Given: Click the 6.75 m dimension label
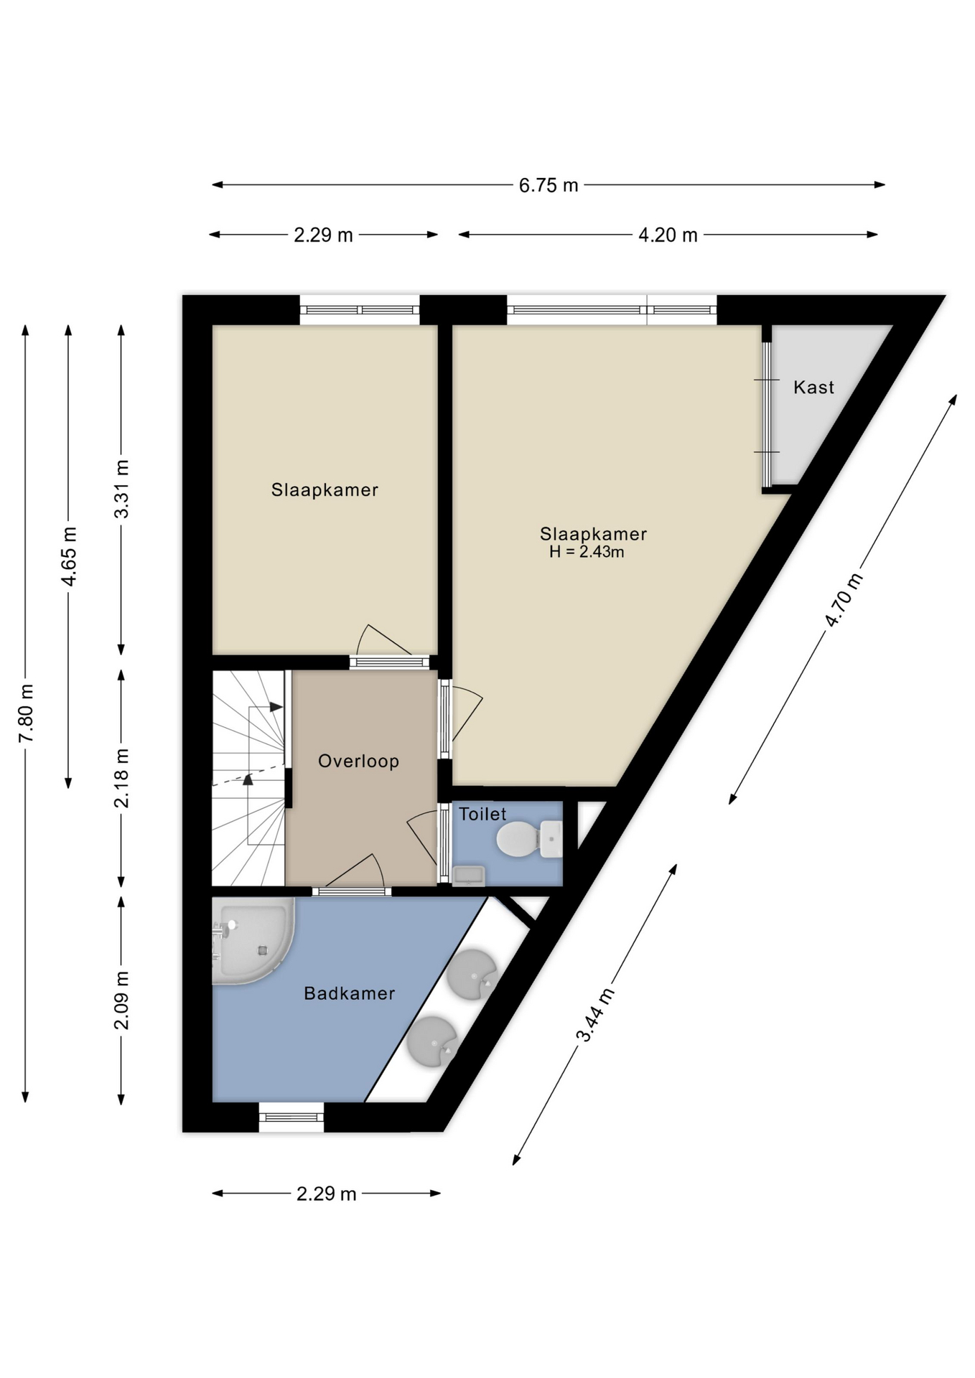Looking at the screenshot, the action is coord(549,185).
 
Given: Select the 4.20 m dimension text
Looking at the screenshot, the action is coord(668,235).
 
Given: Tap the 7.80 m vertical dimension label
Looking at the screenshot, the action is coord(26,713).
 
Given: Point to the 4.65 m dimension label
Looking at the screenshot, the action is coord(69,556).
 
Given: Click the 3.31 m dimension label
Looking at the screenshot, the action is coord(122,489).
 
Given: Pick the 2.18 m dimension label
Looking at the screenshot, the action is coord(122,778).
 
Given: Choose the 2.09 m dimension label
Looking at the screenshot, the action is coord(122,1000).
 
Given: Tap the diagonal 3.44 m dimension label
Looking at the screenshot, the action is coord(595,1014).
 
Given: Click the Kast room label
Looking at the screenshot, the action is coord(813,388).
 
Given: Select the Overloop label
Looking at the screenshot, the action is coord(358,761).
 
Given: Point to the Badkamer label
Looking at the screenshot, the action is coord(349,993).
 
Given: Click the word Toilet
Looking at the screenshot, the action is coord(482,814).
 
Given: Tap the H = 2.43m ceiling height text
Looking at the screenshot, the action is coord(587,552).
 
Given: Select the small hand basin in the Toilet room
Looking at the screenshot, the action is coord(468,876).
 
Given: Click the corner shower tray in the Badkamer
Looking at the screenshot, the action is coord(253,940).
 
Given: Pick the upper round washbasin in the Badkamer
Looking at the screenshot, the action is coord(472,975).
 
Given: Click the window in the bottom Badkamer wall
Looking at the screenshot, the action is coord(291,1117).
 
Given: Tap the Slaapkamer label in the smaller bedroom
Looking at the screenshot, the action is coord(325,490).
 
